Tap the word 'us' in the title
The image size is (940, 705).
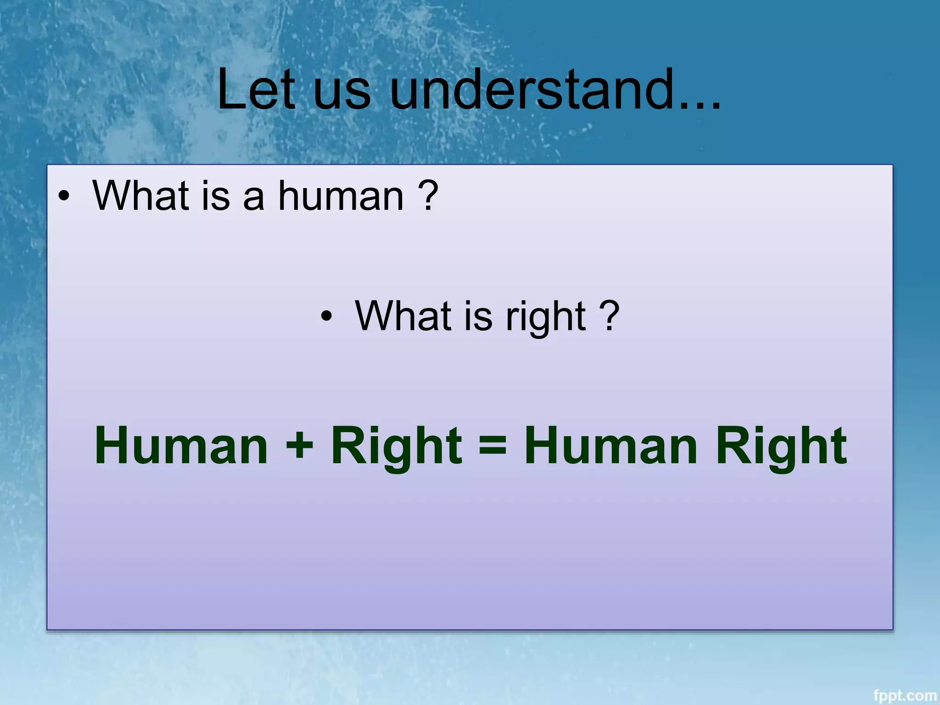(341, 94)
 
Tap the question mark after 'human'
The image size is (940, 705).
(428, 196)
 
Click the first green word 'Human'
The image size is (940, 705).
(181, 445)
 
